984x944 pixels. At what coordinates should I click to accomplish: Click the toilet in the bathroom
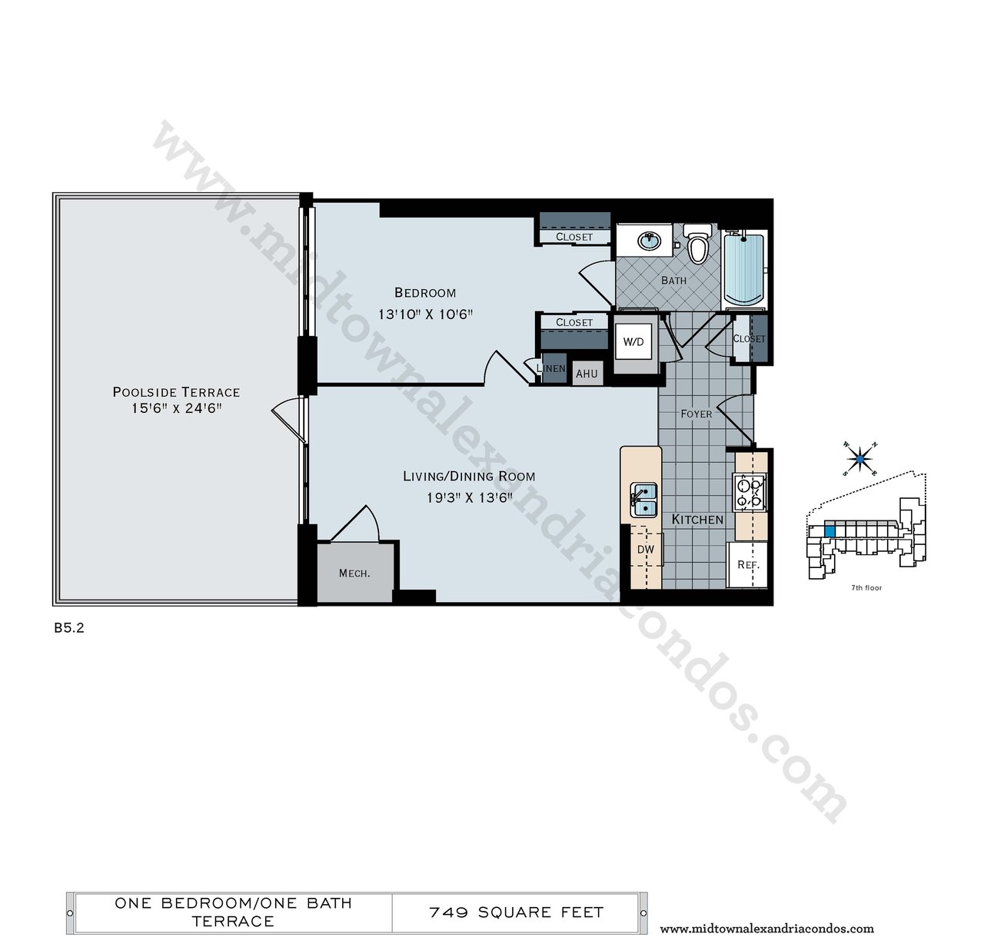pyautogui.click(x=698, y=244)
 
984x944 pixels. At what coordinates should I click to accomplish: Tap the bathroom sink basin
pyautogui.click(x=650, y=241)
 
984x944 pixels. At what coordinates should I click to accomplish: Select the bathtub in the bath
pyautogui.click(x=744, y=270)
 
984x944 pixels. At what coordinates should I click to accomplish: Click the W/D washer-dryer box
pyautogui.click(x=633, y=342)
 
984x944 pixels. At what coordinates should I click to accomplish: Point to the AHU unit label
pyautogui.click(x=587, y=374)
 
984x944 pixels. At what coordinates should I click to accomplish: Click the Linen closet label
pyautogui.click(x=550, y=368)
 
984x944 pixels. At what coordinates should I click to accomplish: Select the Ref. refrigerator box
pyautogui.click(x=747, y=565)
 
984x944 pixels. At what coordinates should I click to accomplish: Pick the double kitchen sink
pyautogui.click(x=643, y=500)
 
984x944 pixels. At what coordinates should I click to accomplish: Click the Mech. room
pyautogui.click(x=354, y=573)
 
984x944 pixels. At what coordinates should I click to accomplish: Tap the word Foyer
pyautogui.click(x=696, y=414)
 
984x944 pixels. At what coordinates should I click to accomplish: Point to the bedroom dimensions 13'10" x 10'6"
pyautogui.click(x=425, y=314)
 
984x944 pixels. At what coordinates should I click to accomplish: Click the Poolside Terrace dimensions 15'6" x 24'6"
pyautogui.click(x=177, y=408)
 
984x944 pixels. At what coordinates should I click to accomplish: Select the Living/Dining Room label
pyautogui.click(x=469, y=477)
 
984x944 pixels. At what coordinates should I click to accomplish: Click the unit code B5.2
pyautogui.click(x=69, y=628)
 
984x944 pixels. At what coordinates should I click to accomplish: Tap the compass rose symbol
pyautogui.click(x=859, y=459)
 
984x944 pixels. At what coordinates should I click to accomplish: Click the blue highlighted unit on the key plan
pyautogui.click(x=829, y=531)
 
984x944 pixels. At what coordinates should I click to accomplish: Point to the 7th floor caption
pyautogui.click(x=866, y=587)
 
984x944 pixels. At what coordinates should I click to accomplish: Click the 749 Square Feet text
pyautogui.click(x=516, y=912)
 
